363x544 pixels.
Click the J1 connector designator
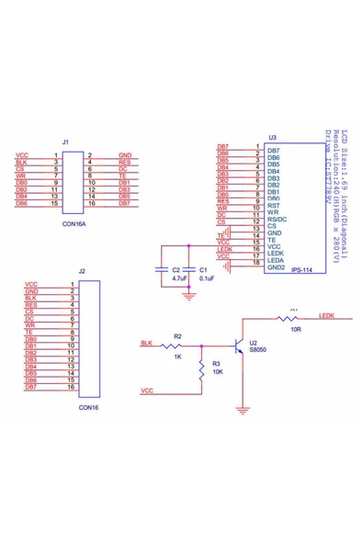coord(64,142)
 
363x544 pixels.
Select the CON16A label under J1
coord(74,222)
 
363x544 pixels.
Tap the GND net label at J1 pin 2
coord(125,157)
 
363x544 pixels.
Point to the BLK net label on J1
coord(21,163)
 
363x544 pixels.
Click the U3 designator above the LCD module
coord(272,137)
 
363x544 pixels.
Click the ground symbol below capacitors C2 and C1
coord(188,295)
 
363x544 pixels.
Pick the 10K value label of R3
coord(217,374)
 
